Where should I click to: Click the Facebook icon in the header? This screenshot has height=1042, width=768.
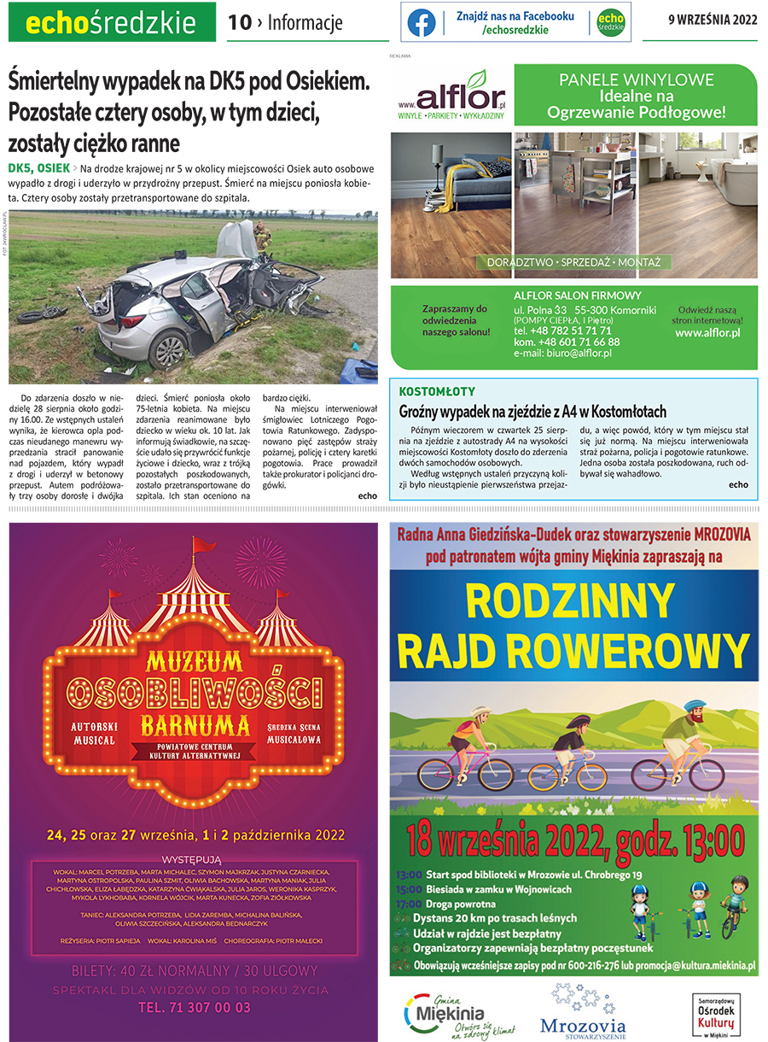coord(421,22)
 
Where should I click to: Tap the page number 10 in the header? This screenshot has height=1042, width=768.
coord(240,23)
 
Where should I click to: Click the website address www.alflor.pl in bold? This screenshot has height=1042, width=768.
coord(707,331)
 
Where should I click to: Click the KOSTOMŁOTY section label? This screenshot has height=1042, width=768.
coord(436,392)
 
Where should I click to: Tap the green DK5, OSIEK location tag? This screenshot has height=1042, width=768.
coord(38,167)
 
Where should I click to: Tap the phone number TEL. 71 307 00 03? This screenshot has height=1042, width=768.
coord(195,1007)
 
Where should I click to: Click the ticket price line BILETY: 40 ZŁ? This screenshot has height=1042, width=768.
coord(195,970)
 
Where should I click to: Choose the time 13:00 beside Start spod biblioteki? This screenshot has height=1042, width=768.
coord(409,875)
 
